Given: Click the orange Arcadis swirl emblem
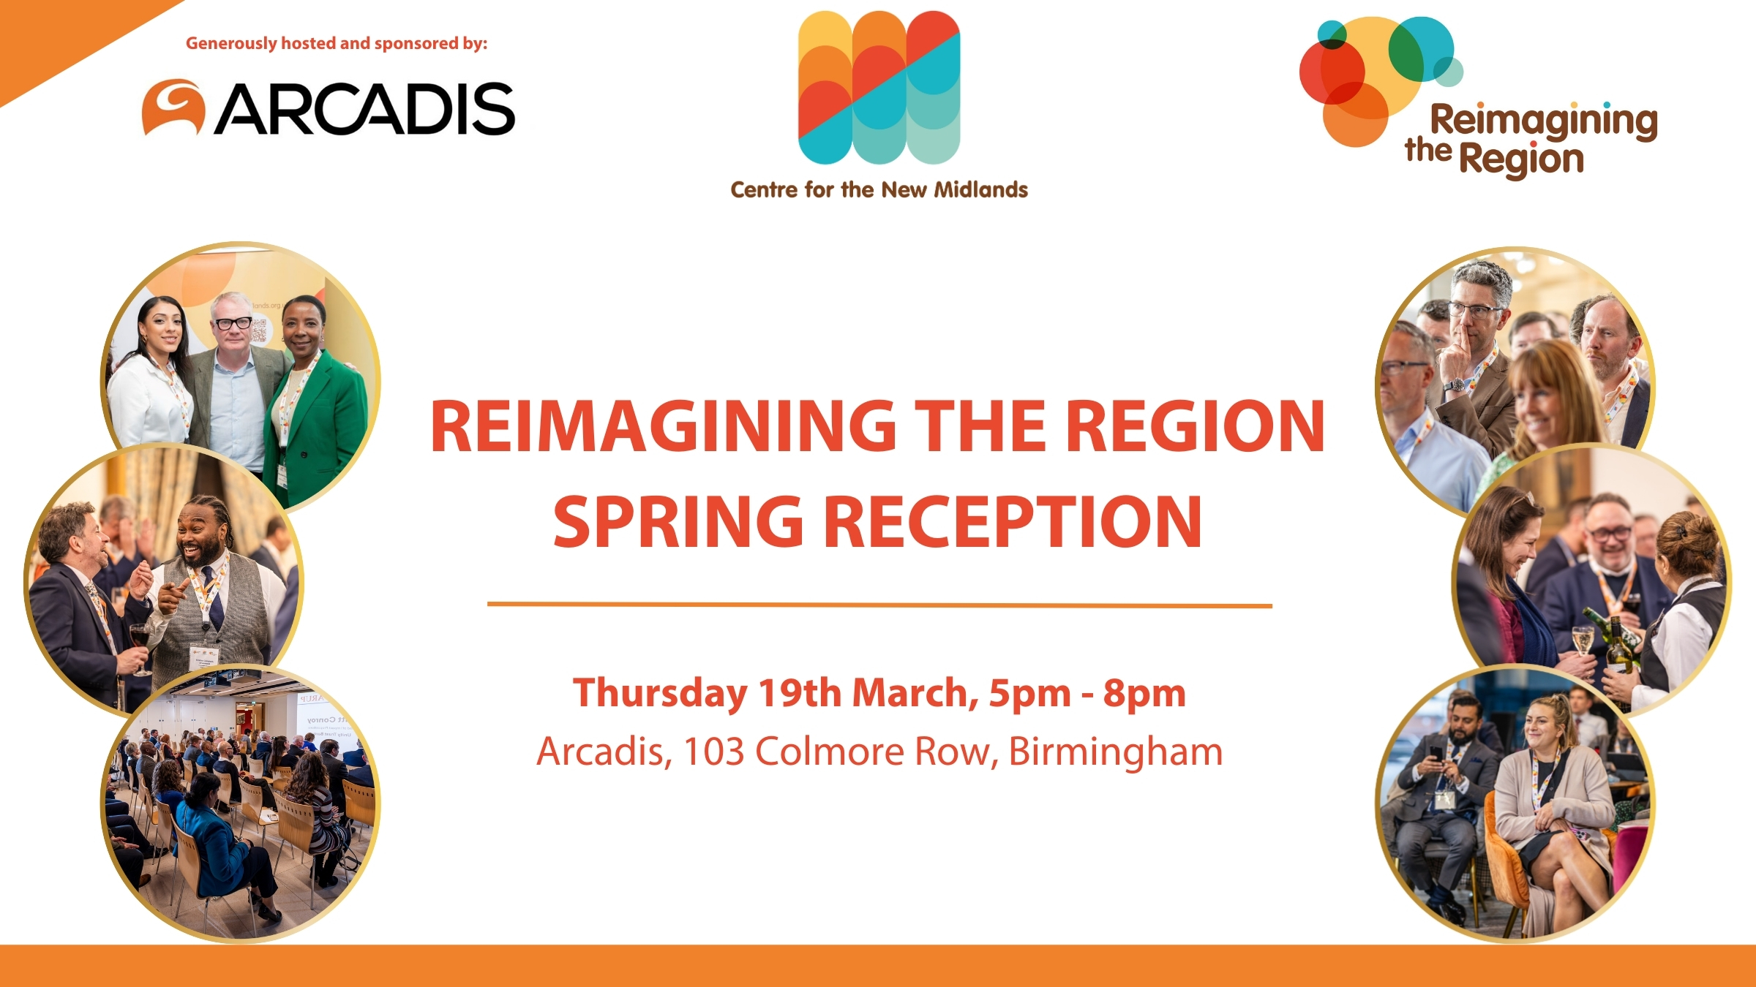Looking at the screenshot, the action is click(173, 107).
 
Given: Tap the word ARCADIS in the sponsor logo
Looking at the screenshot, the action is click(364, 109).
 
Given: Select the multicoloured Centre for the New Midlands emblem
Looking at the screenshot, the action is click(879, 87).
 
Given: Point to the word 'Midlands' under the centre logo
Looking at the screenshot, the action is click(981, 190).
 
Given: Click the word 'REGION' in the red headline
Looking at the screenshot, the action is click(1194, 426).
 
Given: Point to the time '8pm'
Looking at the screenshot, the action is click(1144, 694).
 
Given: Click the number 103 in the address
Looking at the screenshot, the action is click(713, 752).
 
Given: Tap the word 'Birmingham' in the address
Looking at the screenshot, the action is click(1116, 752).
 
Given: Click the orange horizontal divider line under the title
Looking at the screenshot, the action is click(879, 605).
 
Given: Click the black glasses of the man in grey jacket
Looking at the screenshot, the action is click(233, 322).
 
